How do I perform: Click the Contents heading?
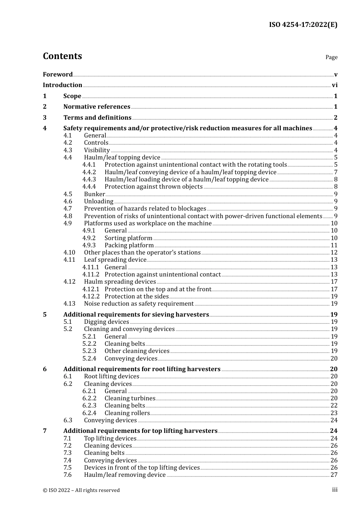click(x=62, y=56)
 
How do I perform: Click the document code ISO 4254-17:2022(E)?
click(x=303, y=25)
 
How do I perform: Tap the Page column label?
click(x=331, y=57)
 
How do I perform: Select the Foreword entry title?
click(x=58, y=74)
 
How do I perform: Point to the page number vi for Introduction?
click(x=335, y=85)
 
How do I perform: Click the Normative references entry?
click(x=97, y=107)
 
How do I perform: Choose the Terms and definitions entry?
click(x=97, y=118)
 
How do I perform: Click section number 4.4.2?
click(x=89, y=172)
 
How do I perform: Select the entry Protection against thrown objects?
click(x=153, y=187)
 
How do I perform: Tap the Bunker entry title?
click(x=94, y=194)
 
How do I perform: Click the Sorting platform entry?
click(x=128, y=238)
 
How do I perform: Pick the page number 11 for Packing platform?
click(x=334, y=245)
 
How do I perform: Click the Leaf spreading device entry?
click(x=115, y=260)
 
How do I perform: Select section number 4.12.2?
click(x=91, y=297)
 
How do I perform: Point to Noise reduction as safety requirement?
click(x=139, y=304)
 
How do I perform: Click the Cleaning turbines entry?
click(x=130, y=398)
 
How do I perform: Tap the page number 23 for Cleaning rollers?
click(x=334, y=413)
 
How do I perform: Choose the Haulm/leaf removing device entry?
click(x=125, y=475)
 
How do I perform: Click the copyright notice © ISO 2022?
click(x=81, y=490)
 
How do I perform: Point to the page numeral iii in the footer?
click(x=335, y=490)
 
